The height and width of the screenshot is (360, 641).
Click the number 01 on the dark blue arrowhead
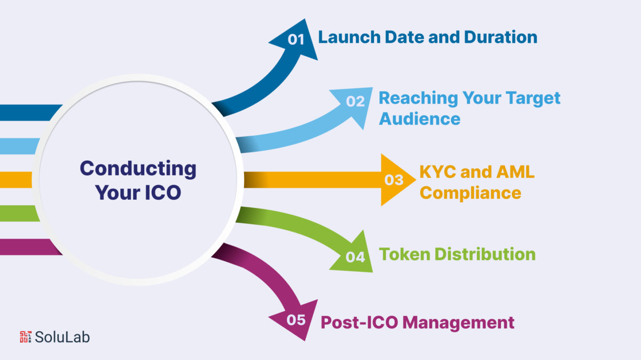(x=296, y=40)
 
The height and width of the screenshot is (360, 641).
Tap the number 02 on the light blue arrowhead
(x=355, y=101)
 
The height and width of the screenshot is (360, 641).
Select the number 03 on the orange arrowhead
(x=394, y=180)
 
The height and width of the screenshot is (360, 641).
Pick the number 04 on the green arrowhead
(x=355, y=257)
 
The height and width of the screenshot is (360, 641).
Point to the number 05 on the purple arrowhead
(x=296, y=320)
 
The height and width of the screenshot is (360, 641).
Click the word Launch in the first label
(x=349, y=37)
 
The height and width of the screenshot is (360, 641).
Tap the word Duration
(x=501, y=37)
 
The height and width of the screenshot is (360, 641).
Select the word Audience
(x=419, y=119)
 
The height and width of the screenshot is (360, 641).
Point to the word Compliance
(x=471, y=193)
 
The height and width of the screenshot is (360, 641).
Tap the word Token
(x=405, y=254)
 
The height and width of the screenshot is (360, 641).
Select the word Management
(x=458, y=323)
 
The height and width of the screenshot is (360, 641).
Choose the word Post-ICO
(x=359, y=323)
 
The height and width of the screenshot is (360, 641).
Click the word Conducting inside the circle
(x=138, y=169)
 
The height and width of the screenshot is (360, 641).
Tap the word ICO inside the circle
(x=163, y=193)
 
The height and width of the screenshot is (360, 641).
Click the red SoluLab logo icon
(x=26, y=337)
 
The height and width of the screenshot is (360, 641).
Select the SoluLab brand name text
(x=62, y=337)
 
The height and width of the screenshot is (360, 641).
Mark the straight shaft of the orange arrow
(x=312, y=180)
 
